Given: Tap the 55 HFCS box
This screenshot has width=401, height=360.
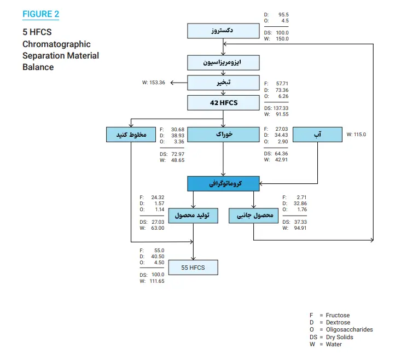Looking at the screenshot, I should (193, 268).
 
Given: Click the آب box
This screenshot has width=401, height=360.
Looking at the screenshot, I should (317, 135).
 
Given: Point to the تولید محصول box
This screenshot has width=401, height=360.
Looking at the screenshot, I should (193, 216).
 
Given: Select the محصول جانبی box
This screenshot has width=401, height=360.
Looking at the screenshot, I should (253, 216).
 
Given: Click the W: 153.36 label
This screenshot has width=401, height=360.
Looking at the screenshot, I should (153, 83).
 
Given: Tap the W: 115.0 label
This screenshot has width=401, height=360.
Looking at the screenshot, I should (356, 134).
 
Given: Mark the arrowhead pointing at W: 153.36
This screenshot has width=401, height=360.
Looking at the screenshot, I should (171, 83).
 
